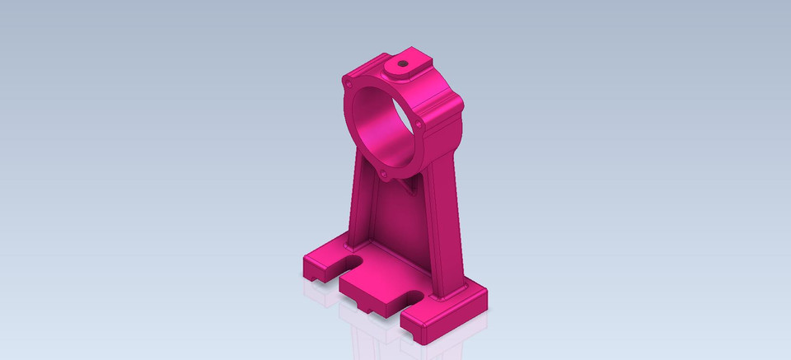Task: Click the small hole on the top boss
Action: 402,62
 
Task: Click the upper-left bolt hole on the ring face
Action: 349,83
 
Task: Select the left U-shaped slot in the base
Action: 349,263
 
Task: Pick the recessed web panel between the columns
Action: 395,222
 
